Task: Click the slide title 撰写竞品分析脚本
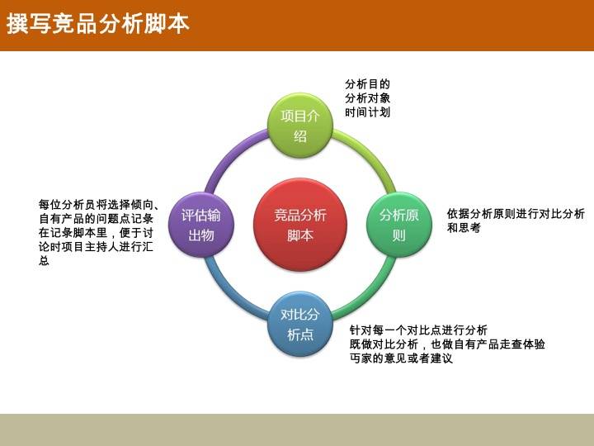[x=97, y=23]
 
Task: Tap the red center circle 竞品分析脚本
[x=300, y=225]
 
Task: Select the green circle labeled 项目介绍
[x=300, y=126]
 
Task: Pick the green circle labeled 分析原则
[x=399, y=225]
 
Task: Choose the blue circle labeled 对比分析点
[x=300, y=324]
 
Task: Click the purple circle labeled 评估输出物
[x=201, y=225]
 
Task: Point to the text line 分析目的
[x=367, y=83]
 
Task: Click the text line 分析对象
[x=367, y=97]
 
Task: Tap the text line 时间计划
[x=367, y=111]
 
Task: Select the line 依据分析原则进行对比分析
[x=516, y=214]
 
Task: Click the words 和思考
[x=464, y=228]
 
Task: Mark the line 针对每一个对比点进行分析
[x=418, y=330]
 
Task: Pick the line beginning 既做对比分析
[x=447, y=344]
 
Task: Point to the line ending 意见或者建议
[x=401, y=358]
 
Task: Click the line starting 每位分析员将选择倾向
[x=99, y=205]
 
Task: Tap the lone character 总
[x=44, y=260]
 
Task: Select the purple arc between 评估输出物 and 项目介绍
[x=230, y=154]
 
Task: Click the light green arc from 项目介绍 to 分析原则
[x=370, y=154]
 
